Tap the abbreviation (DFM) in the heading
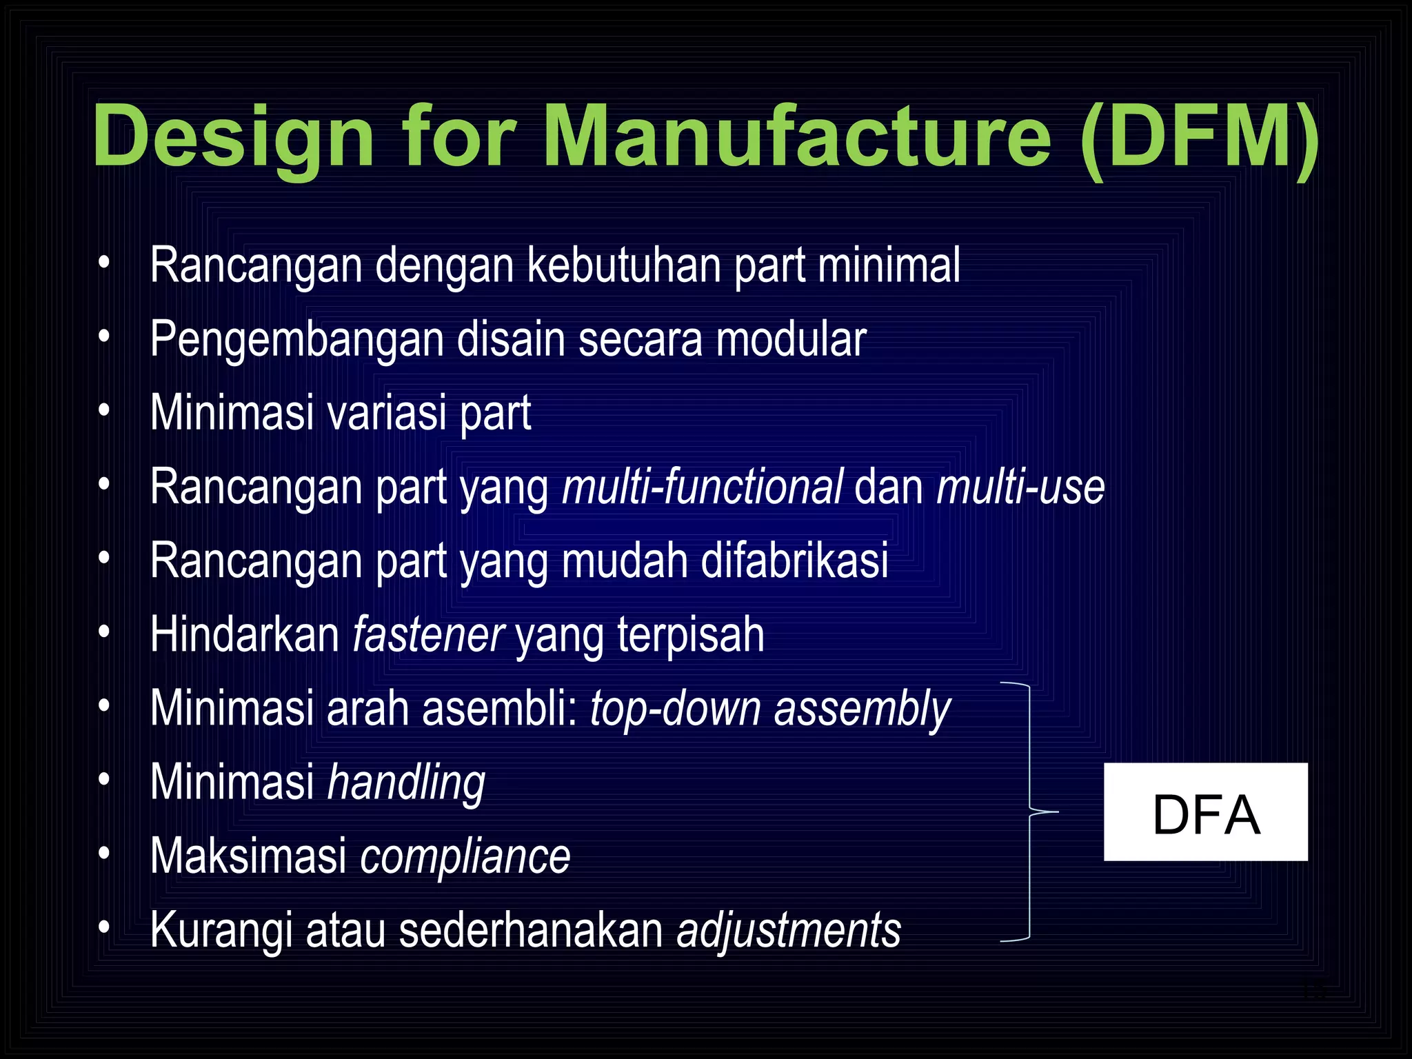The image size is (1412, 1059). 1200,136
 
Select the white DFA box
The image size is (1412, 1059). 1205,811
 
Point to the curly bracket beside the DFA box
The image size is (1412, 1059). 1029,811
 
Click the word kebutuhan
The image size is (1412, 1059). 623,265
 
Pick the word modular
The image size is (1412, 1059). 791,339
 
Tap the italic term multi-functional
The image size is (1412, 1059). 702,487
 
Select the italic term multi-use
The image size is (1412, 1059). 1020,487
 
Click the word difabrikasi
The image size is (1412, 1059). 794,561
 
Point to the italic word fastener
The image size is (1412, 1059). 428,634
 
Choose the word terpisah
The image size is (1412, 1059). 690,634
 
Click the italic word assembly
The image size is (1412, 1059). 862,709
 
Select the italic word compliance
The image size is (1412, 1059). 465,856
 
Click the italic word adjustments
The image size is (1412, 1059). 789,930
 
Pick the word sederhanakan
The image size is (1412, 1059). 531,930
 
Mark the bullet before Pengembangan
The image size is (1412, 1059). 104,337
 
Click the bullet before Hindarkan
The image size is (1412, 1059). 104,632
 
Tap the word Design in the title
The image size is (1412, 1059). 234,136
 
